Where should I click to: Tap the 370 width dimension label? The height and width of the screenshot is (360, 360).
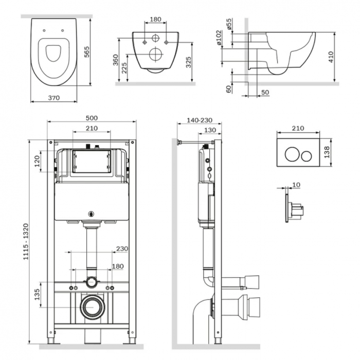point(53,98)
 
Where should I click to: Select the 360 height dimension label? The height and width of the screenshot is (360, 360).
point(116,60)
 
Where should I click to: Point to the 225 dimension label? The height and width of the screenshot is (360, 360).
point(124,68)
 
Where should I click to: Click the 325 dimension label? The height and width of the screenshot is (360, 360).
point(188,62)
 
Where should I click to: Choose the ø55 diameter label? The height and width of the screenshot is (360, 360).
point(229,24)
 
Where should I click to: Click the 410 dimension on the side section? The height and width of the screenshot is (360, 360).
point(331,57)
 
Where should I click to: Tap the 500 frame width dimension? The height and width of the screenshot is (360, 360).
point(92,118)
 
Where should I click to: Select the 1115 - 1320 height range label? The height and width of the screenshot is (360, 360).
point(26,242)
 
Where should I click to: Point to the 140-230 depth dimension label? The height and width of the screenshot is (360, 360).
point(200,120)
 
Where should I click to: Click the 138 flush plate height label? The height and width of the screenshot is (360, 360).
point(327,152)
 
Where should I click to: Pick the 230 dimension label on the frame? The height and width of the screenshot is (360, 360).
point(122,248)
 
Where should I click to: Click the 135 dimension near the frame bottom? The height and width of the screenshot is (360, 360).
point(37,295)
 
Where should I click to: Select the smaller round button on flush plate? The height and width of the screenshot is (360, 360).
point(307,156)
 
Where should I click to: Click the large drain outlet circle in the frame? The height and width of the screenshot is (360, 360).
point(93,307)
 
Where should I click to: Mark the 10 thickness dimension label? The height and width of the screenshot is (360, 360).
point(296,185)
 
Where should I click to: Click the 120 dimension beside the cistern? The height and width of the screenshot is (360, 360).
point(37,161)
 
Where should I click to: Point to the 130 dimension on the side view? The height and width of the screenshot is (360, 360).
point(210,130)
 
